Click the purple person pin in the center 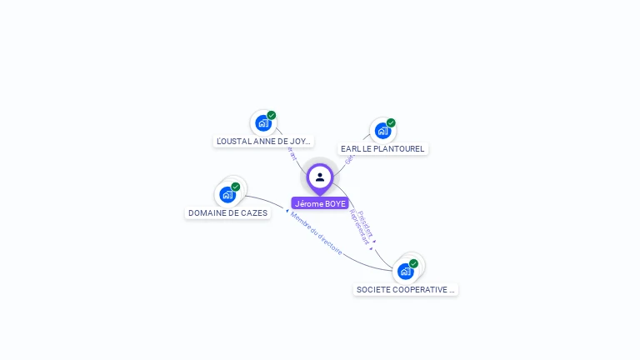click(320, 177)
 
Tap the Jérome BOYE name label click(320, 203)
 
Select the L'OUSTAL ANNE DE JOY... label click(263, 142)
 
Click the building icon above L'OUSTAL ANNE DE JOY click(263, 123)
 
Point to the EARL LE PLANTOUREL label click(382, 148)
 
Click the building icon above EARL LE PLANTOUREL click(382, 131)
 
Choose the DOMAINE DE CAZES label click(227, 212)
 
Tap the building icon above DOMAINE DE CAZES click(227, 194)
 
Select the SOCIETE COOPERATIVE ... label click(406, 289)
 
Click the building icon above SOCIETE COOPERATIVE click(406, 271)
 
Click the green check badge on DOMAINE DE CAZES click(236, 187)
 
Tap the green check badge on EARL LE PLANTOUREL click(391, 122)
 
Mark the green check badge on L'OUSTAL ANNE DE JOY click(272, 115)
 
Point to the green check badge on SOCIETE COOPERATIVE click(414, 263)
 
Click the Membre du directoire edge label click(316, 233)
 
